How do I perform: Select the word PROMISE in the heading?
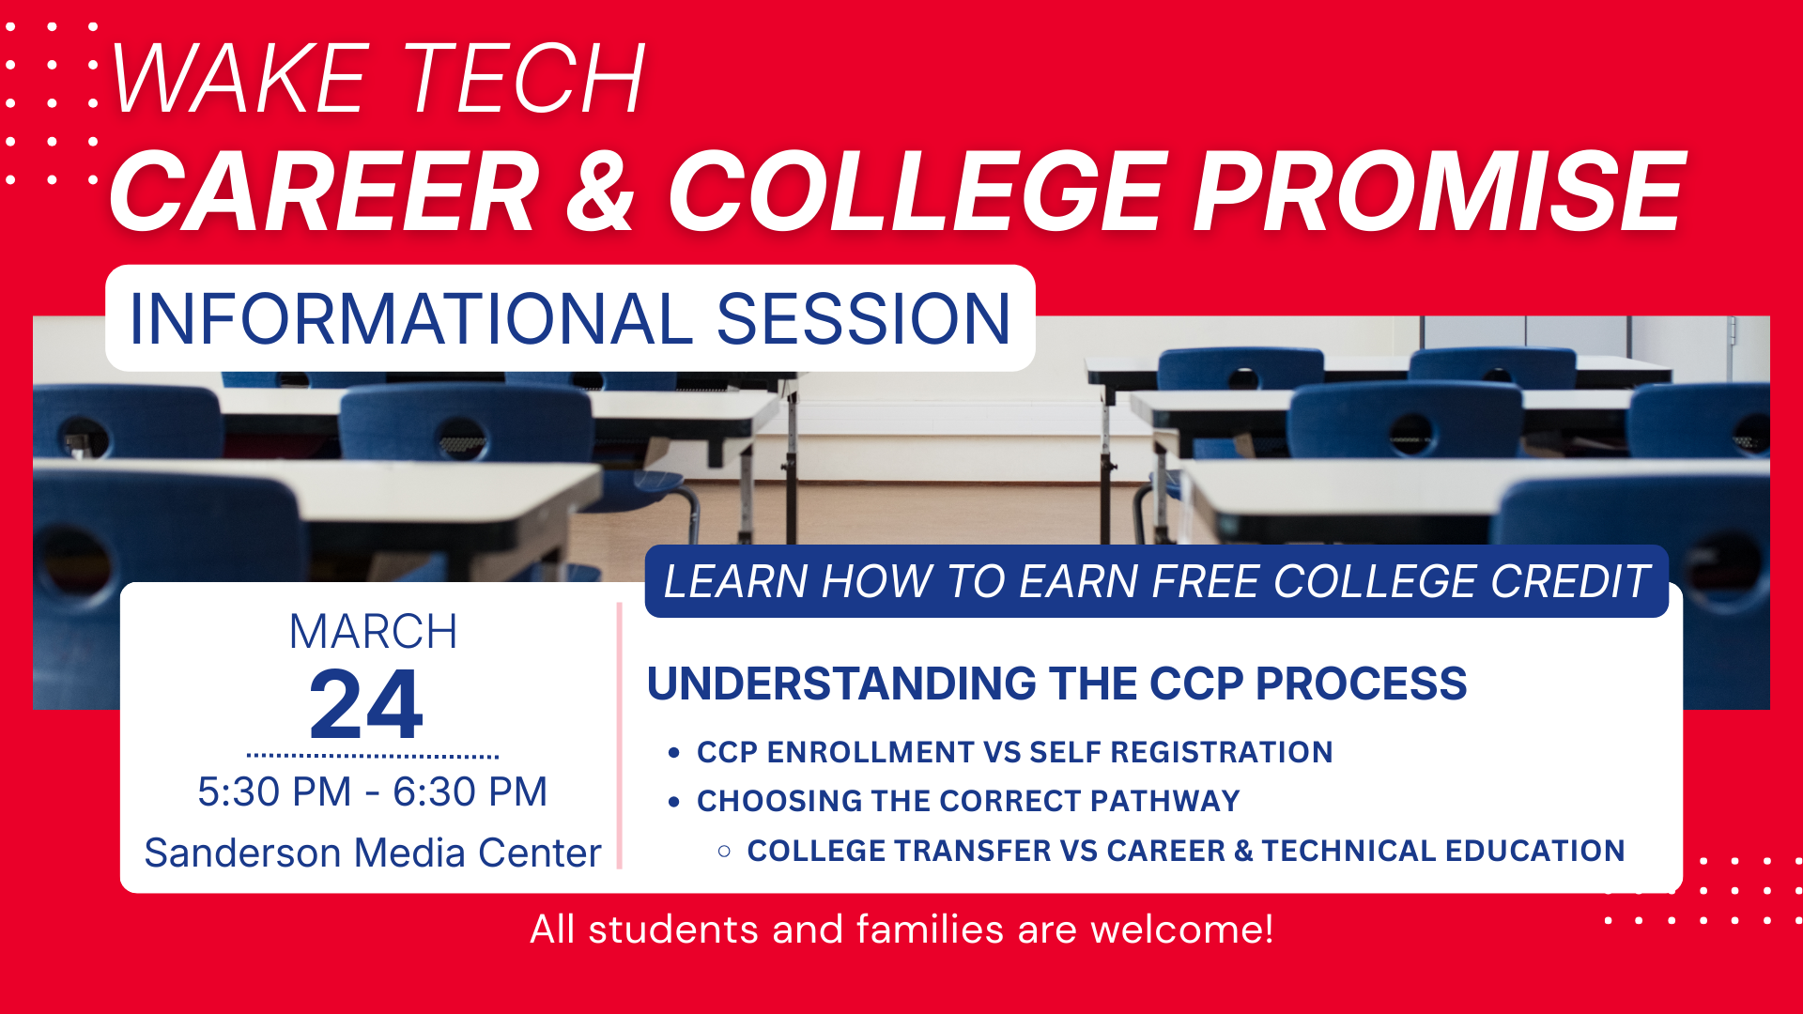1440,192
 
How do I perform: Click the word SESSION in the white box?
864,319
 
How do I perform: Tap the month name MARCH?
373,632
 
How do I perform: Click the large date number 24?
366,704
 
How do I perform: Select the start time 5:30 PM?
274,791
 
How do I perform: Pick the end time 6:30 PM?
470,791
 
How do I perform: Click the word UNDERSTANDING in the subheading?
841,684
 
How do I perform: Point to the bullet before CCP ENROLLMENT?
673,753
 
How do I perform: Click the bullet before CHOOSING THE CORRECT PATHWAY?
673,802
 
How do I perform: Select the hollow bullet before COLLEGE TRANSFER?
724,852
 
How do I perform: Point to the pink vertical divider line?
620,736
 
